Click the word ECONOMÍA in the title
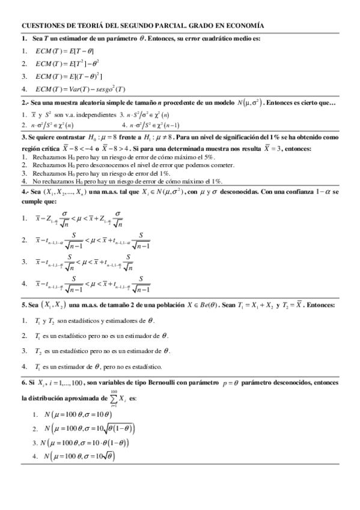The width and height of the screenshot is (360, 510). click(242, 26)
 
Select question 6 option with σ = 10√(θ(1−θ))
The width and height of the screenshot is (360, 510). click(87, 429)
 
